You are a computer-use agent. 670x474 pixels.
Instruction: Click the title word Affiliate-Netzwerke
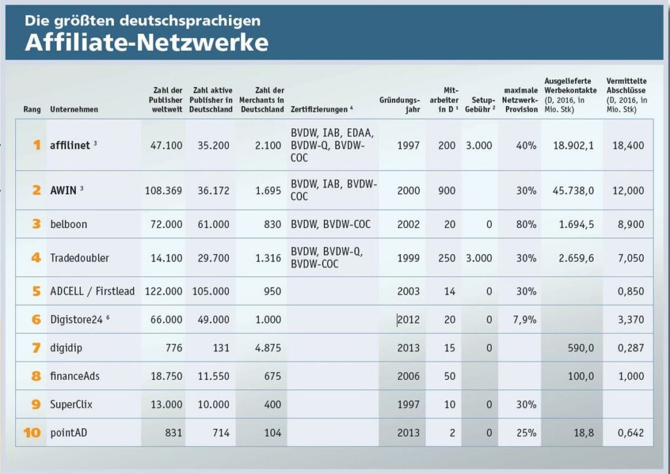click(x=147, y=42)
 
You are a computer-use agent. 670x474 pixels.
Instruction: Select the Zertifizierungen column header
click(x=322, y=109)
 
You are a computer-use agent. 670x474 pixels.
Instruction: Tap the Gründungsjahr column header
click(x=400, y=105)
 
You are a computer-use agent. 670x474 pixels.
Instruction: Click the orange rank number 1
click(x=36, y=144)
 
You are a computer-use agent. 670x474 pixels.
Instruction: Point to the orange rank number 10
click(x=32, y=433)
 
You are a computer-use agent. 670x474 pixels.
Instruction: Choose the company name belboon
click(x=69, y=224)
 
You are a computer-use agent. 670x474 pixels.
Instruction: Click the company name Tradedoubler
click(x=79, y=258)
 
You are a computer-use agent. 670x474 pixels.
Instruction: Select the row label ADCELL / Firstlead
click(x=92, y=291)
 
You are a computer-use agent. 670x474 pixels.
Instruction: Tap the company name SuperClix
click(x=71, y=404)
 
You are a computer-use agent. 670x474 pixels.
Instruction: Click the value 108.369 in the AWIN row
click(x=164, y=191)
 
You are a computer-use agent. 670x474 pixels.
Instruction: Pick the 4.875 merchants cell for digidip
click(x=268, y=348)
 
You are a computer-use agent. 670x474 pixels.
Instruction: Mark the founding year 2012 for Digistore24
click(x=408, y=320)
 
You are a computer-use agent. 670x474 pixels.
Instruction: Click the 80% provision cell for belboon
click(x=526, y=224)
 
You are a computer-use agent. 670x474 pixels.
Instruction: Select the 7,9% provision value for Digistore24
click(x=524, y=320)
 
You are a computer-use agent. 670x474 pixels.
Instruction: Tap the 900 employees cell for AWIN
click(x=447, y=191)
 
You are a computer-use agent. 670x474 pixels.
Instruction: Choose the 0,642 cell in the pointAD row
click(x=631, y=433)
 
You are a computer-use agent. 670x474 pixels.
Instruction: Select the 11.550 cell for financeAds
click(x=213, y=376)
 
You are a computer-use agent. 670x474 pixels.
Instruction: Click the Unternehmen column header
click(x=74, y=109)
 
